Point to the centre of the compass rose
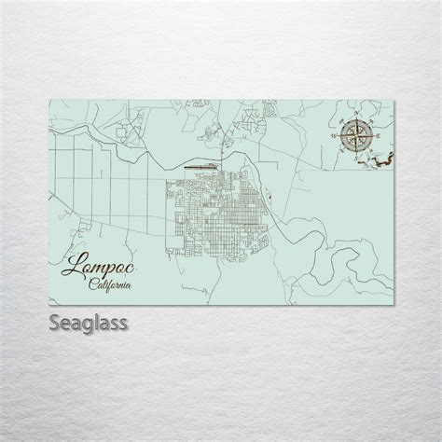click(355, 136)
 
